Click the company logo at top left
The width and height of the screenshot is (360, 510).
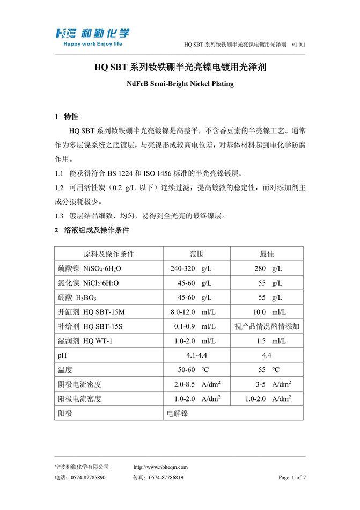[x=92, y=33]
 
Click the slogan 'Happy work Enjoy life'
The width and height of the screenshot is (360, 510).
[x=93, y=45]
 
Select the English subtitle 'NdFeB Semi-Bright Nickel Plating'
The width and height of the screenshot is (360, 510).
[x=180, y=84]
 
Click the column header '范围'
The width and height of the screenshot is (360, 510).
[x=197, y=253]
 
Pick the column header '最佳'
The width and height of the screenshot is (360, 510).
[x=267, y=253]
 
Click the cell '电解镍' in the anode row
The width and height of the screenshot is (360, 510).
[x=178, y=413]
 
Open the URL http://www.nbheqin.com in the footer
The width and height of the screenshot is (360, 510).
[x=160, y=467]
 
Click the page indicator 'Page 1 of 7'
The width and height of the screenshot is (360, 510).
[x=292, y=477]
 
